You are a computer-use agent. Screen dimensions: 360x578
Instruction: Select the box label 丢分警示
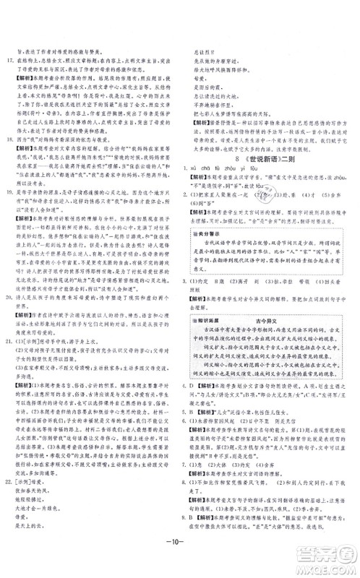pos(214,235)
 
